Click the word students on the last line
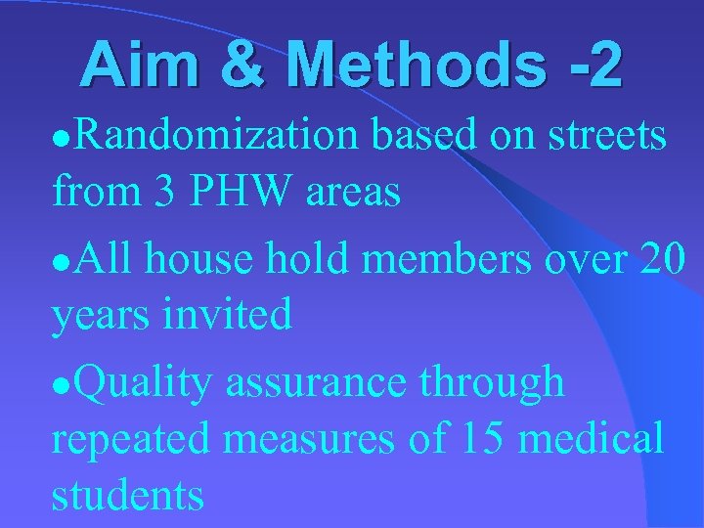click(x=128, y=495)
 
